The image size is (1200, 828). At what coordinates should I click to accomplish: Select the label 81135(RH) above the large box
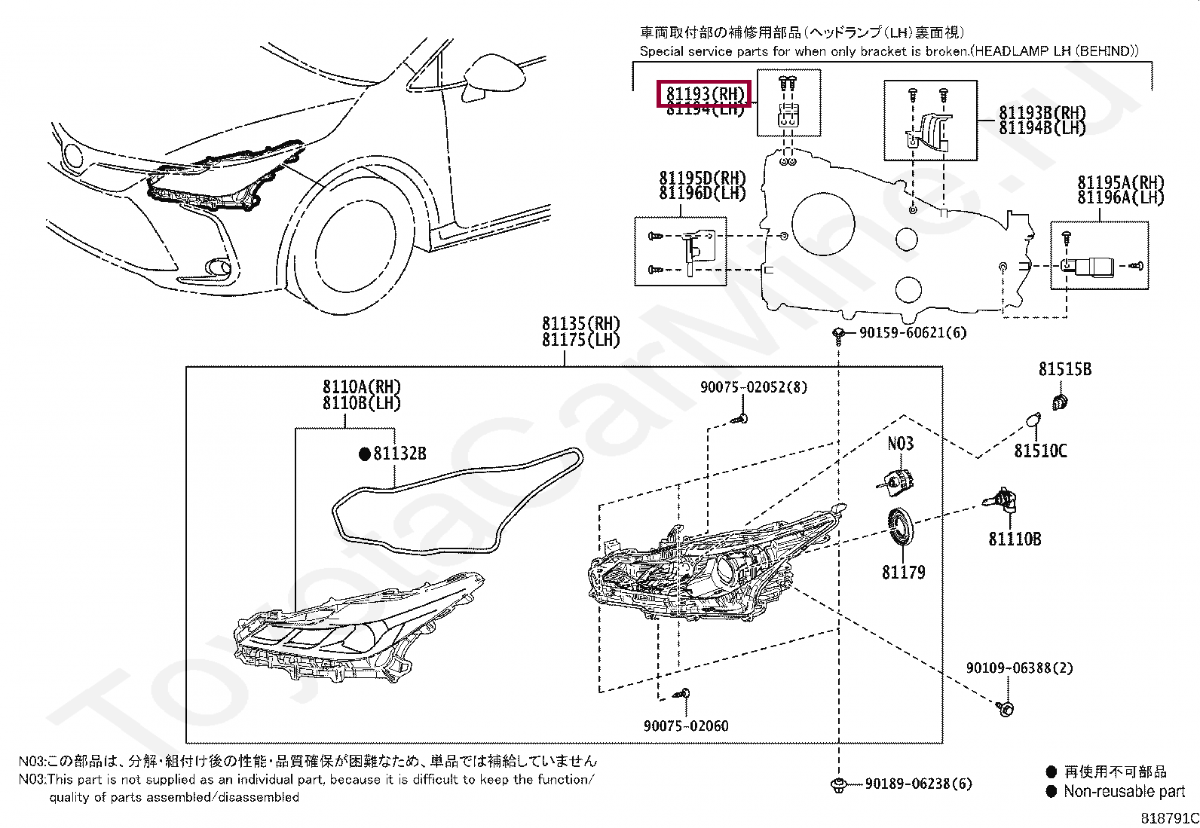580,323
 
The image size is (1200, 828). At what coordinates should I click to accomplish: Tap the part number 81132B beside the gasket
399,454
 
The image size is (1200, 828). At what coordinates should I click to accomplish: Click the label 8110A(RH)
361,387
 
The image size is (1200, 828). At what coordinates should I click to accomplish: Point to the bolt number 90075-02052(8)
753,387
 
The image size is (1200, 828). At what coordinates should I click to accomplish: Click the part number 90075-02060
686,726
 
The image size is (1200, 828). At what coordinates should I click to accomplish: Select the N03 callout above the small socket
900,444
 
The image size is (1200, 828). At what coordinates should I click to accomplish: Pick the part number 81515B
1064,369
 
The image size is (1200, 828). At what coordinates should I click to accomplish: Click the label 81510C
1040,451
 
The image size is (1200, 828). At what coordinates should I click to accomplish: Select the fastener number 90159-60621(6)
912,333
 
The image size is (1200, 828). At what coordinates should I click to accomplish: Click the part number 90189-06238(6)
918,784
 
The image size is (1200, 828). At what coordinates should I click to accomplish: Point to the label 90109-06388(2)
1019,668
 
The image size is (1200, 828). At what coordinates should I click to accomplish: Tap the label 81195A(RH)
1120,182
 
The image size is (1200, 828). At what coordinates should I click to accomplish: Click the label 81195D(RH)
702,178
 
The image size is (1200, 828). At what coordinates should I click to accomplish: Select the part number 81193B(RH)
1042,113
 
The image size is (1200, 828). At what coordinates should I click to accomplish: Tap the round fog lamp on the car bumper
218,267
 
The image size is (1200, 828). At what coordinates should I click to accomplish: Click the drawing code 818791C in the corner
1168,818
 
